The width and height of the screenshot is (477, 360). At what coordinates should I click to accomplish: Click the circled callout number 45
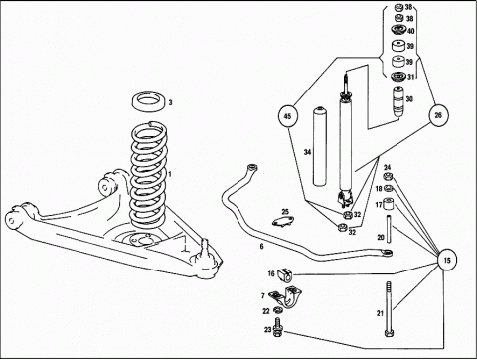(288, 116)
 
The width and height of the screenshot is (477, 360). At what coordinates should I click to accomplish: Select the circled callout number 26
(438, 115)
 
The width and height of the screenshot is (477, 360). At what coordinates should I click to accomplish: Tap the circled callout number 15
(447, 260)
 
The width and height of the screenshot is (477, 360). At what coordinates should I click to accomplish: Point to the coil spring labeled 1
(148, 175)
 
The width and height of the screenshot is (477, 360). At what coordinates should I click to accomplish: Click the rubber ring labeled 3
(147, 102)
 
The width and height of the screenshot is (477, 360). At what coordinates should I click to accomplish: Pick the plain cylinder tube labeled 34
(320, 146)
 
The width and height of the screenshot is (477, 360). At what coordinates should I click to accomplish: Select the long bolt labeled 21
(389, 309)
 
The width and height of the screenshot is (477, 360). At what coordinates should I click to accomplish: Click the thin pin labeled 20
(389, 229)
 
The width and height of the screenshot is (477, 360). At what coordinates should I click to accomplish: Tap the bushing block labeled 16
(283, 273)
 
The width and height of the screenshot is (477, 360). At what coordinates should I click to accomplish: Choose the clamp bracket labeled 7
(285, 297)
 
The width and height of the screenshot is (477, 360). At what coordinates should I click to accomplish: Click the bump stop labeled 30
(398, 101)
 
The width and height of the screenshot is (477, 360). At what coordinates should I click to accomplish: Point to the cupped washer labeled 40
(398, 31)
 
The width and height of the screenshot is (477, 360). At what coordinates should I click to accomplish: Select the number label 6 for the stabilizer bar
(261, 247)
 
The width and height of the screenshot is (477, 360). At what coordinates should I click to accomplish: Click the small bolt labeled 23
(278, 327)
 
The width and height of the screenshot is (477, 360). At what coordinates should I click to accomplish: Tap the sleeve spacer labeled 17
(388, 203)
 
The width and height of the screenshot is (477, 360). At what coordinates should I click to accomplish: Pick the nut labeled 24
(388, 176)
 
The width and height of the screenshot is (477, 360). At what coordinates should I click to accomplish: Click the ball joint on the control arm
(205, 255)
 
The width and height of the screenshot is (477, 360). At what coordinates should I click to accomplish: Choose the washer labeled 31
(397, 77)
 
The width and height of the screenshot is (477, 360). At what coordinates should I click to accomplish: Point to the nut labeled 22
(278, 310)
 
